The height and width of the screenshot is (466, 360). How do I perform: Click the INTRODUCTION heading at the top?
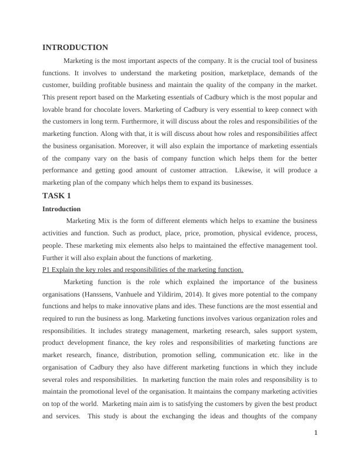point(75,48)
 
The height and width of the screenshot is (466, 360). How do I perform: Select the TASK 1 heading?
point(56,196)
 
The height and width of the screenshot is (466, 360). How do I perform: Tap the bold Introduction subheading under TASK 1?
point(62,209)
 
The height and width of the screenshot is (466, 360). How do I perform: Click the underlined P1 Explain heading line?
point(143,269)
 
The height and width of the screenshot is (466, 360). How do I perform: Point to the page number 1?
point(316,433)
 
